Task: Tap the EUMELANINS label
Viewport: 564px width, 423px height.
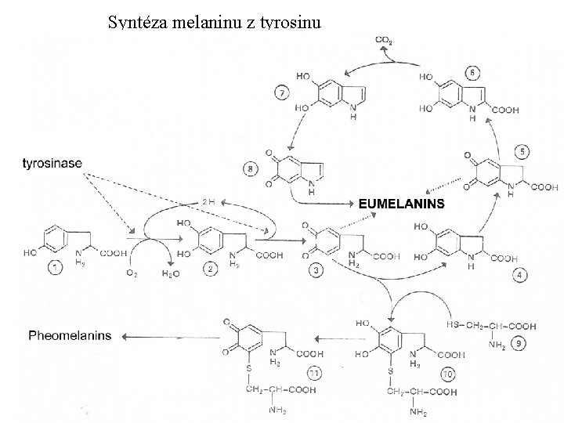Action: tap(401, 203)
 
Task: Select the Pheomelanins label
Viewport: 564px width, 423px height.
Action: tap(70, 336)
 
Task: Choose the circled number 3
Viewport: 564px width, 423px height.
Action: tap(316, 270)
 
